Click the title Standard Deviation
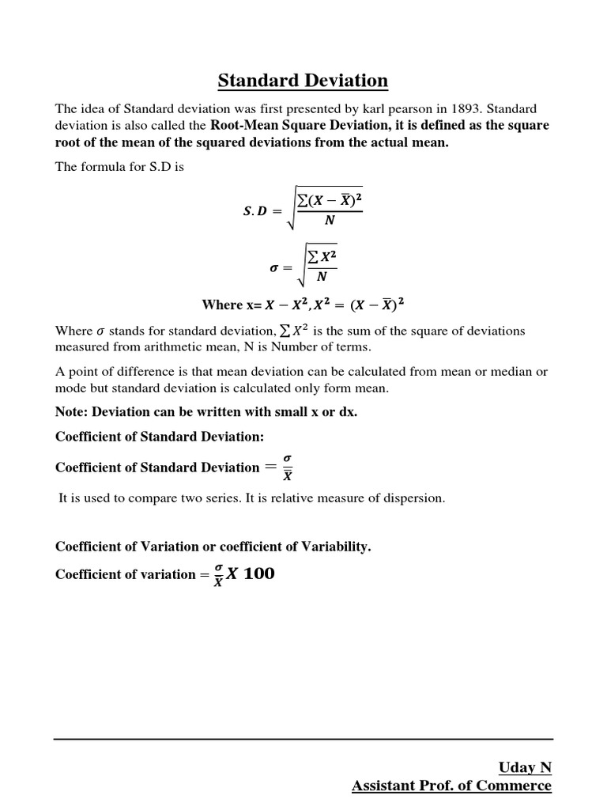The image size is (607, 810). pos(303,81)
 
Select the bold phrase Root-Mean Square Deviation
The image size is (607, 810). pos(298,126)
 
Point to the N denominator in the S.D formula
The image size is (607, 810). pos(330,221)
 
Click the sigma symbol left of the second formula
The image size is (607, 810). pos(275,267)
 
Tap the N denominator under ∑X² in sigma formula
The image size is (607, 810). pos(320,277)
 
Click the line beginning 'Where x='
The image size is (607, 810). pos(303,305)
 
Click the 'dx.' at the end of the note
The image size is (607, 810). pos(348,412)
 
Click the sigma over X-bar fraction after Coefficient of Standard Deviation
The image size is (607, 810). pos(287,468)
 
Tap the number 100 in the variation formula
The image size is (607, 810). pos(259,574)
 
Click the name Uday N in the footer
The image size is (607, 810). pos(525,767)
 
